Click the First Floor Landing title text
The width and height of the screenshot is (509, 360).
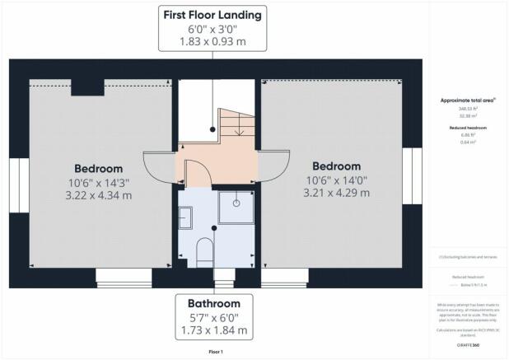[213, 15]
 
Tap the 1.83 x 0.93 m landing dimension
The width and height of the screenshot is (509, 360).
[213, 42]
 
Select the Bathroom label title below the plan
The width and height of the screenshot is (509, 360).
[213, 303]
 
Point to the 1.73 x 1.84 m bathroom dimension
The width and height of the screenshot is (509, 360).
[213, 330]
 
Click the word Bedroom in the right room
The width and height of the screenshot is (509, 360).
[337, 166]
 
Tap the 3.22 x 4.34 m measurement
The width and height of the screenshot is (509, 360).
[97, 195]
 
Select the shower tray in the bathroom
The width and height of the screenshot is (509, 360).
[236, 207]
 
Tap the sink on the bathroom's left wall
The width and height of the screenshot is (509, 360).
[185, 217]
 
